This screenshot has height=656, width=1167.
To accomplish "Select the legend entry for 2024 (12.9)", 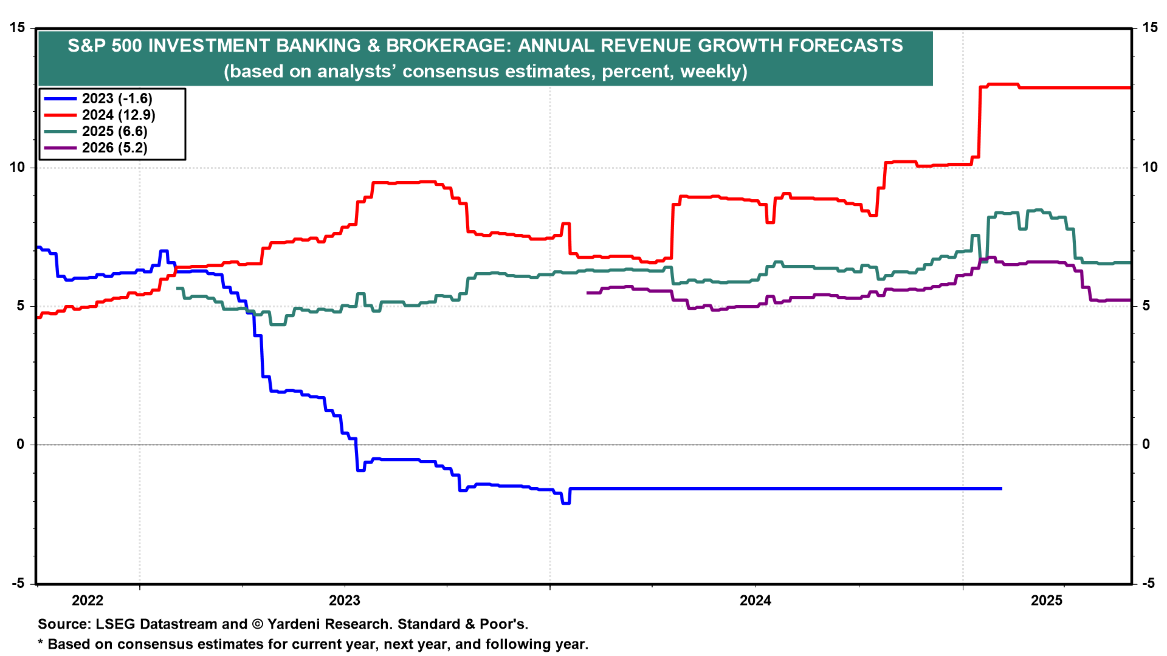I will click(x=119, y=115).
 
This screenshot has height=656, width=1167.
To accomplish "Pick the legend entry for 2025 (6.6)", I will click(x=115, y=131).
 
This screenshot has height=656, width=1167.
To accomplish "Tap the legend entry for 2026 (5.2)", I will click(x=115, y=148).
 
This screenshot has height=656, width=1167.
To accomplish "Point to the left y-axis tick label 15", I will click(x=17, y=28).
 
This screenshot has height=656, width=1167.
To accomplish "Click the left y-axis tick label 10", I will click(x=17, y=167).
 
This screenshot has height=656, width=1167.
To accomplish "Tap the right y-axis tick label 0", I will click(x=1146, y=445).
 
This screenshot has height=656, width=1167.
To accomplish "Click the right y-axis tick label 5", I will click(x=1146, y=306).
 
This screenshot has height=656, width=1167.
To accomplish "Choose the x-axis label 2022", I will click(x=88, y=601).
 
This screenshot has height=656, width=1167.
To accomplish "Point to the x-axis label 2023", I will click(x=345, y=601).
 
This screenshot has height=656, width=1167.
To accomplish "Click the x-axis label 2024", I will click(x=756, y=601).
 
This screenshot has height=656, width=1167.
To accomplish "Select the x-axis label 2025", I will click(x=1047, y=601).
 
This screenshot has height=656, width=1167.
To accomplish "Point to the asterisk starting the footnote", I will click(x=41, y=643).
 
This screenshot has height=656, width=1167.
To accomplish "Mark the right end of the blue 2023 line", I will click(x=1000, y=488).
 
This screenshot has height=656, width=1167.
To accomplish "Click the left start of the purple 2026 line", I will click(x=588, y=293).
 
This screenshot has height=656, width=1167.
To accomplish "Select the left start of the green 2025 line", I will click(x=177, y=288).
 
